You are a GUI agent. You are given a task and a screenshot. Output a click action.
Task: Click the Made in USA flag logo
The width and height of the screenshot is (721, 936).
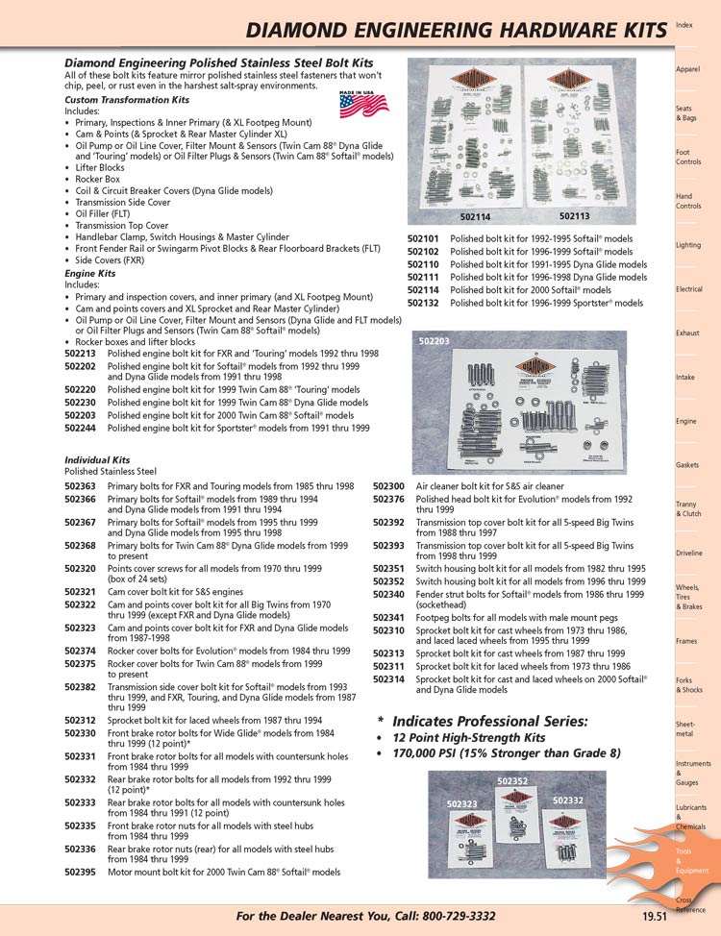[357, 103]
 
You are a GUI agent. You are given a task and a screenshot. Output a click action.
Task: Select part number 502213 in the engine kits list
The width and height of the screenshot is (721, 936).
[81, 354]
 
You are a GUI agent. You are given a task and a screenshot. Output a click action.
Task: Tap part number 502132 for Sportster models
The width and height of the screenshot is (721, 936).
[423, 303]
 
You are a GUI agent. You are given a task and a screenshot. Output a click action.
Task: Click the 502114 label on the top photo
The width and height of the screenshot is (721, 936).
[475, 216]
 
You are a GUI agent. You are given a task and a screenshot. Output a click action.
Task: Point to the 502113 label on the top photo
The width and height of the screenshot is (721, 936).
[574, 216]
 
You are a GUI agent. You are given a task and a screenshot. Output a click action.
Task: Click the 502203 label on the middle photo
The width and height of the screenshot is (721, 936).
[435, 340]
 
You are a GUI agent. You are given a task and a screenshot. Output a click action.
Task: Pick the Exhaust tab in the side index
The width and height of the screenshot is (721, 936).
[687, 333]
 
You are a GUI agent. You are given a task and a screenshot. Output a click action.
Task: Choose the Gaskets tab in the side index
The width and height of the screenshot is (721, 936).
[687, 465]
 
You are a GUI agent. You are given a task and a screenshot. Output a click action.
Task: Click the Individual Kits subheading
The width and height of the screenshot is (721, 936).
[97, 460]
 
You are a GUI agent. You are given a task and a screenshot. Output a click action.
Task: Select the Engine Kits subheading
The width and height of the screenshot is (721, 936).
[89, 274]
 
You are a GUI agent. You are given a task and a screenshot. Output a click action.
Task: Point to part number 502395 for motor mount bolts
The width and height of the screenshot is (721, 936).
[80, 873]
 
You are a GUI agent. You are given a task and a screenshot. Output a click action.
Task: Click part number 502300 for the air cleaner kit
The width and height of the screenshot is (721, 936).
[388, 487]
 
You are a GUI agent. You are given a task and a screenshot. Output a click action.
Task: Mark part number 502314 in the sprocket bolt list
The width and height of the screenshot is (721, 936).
[388, 679]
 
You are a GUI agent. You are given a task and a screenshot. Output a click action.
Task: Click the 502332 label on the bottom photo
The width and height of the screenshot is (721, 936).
[568, 800]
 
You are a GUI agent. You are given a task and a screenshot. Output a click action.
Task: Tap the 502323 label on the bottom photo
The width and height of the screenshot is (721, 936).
[462, 802]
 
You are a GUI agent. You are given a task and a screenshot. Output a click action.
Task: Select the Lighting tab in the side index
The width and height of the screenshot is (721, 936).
[688, 245]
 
